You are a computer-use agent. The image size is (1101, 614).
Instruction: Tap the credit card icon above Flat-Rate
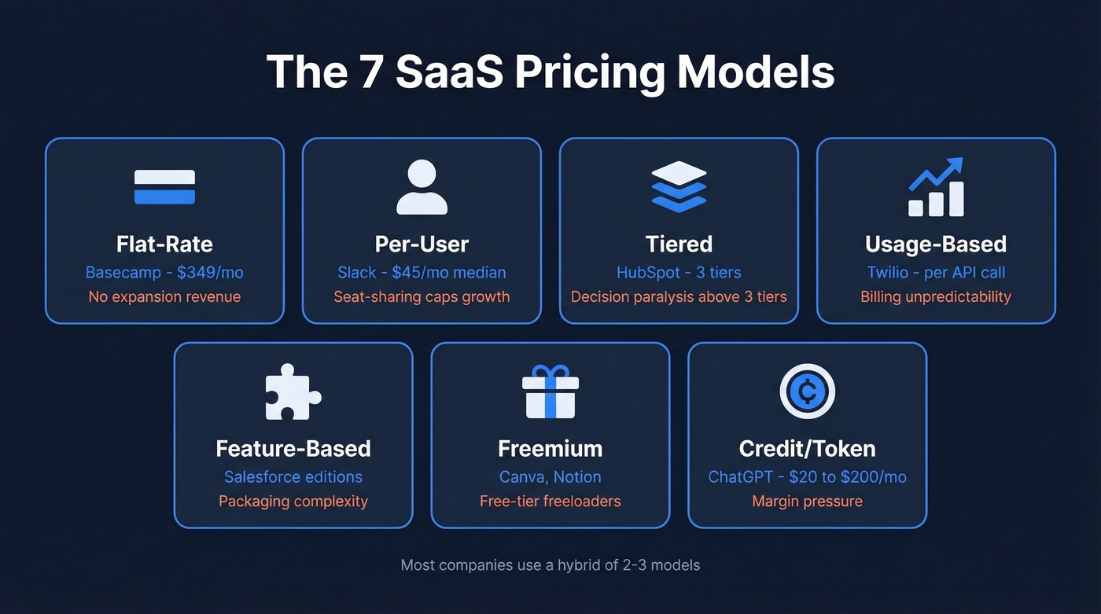pyautogui.click(x=164, y=187)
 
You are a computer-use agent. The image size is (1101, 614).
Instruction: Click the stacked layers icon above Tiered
pyautogui.click(x=679, y=187)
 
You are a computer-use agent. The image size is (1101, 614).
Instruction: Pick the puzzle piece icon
pyautogui.click(x=293, y=392)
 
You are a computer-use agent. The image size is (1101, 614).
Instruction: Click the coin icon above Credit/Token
pyautogui.click(x=807, y=392)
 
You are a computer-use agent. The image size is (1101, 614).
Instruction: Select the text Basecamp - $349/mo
pyautogui.click(x=164, y=273)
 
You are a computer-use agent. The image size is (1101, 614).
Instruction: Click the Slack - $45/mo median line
pyautogui.click(x=422, y=273)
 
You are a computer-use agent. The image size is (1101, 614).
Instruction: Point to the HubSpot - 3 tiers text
pyautogui.click(x=679, y=273)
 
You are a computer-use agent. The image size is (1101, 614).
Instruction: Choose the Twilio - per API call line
pyautogui.click(x=936, y=273)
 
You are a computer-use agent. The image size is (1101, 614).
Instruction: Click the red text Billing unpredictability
pyautogui.click(x=936, y=297)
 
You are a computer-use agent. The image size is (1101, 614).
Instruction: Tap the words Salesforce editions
pyautogui.click(x=293, y=477)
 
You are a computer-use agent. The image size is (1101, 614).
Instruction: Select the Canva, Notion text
pyautogui.click(x=550, y=477)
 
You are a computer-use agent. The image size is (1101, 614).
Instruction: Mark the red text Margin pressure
pyautogui.click(x=807, y=502)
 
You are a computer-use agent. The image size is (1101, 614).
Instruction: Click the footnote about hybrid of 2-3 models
pyautogui.click(x=550, y=564)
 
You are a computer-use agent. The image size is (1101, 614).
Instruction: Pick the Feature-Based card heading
pyautogui.click(x=293, y=449)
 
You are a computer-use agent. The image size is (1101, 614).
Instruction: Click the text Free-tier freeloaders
pyautogui.click(x=550, y=502)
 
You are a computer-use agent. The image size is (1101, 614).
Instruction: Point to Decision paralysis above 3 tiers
pyautogui.click(x=679, y=297)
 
